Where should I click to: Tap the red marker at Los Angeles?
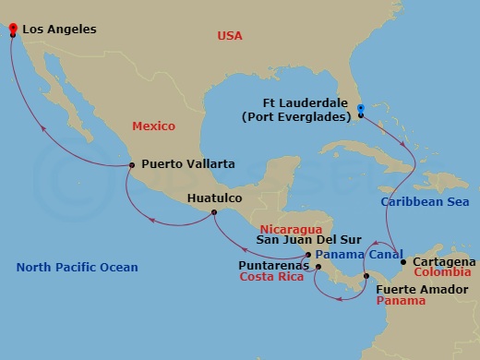pos(13,29)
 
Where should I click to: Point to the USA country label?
pos(229,36)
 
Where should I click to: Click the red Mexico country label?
pos(153,125)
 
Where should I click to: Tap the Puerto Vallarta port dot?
pos(132,165)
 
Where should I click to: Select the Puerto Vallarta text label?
pos(187,164)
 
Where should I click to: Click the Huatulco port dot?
pos(214,213)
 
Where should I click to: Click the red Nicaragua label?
pos(290,227)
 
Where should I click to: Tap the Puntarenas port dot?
pos(318,268)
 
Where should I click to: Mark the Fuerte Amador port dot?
pos(366,276)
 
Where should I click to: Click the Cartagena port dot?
pos(403,262)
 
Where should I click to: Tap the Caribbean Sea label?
pos(425,201)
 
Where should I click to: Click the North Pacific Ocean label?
pos(78,268)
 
